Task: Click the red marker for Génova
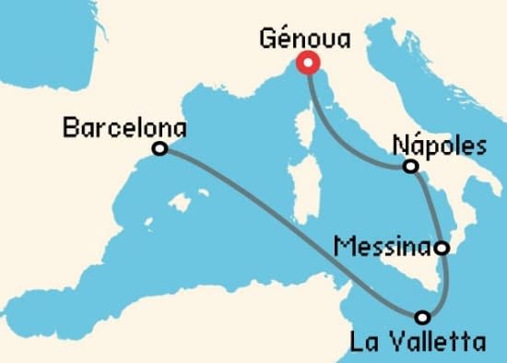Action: tap(306, 64)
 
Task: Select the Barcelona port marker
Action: tap(159, 148)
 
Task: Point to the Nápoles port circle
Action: tap(410, 167)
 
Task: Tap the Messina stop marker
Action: tap(442, 248)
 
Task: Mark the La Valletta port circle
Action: tap(422, 318)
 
